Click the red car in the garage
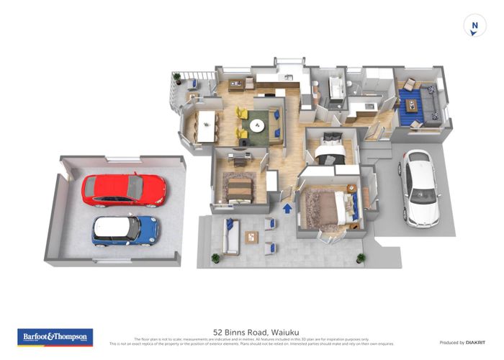point(123,189)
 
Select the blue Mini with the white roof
point(125,230)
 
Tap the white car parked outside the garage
point(420,186)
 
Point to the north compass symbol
point(474,26)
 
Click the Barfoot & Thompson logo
point(55,336)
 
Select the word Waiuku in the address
point(276,332)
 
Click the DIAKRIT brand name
point(472,342)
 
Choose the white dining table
point(207,126)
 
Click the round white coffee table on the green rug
point(257,125)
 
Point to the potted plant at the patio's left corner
point(215,257)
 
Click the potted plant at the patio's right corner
point(361,257)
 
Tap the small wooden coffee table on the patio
point(251,237)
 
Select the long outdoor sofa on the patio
point(230,238)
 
